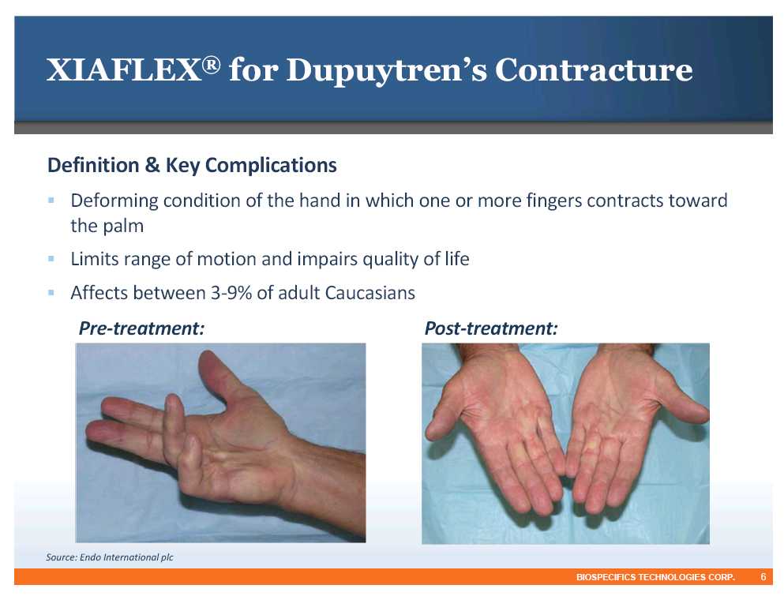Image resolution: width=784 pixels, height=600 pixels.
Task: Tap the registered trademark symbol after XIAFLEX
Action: (x=212, y=65)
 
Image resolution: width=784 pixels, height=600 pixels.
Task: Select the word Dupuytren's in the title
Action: (x=387, y=71)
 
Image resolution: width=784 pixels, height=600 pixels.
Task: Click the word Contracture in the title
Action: (x=594, y=69)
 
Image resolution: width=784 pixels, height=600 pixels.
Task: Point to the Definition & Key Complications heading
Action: (x=192, y=165)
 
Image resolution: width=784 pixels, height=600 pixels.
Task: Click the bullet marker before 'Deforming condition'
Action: (x=51, y=200)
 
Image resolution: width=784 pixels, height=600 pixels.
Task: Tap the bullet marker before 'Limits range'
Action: (x=51, y=258)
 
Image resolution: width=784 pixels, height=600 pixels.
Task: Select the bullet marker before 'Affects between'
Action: (x=51, y=292)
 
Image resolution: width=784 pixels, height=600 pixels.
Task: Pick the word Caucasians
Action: (x=370, y=292)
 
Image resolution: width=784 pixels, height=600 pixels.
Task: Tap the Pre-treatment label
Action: (x=141, y=328)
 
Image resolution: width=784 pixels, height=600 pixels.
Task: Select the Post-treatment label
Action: (x=491, y=328)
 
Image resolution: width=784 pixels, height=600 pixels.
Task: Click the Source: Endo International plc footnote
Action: (x=110, y=557)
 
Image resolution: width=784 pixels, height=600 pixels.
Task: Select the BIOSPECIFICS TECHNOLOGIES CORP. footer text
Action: (x=655, y=577)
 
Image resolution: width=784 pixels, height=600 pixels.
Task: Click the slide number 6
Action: (x=763, y=577)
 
